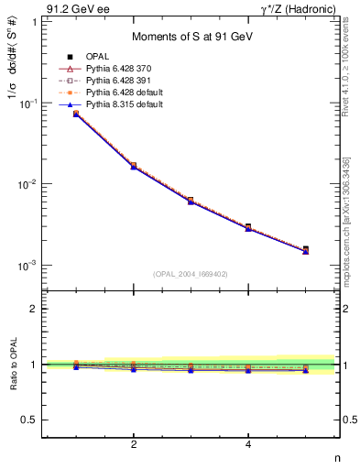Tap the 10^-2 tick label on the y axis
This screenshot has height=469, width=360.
click(31, 184)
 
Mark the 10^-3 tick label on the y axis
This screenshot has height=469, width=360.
click(31, 265)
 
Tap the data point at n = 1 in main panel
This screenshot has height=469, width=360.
click(76, 114)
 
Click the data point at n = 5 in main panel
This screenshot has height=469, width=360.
click(306, 249)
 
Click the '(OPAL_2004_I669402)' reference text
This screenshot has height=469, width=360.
click(191, 273)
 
